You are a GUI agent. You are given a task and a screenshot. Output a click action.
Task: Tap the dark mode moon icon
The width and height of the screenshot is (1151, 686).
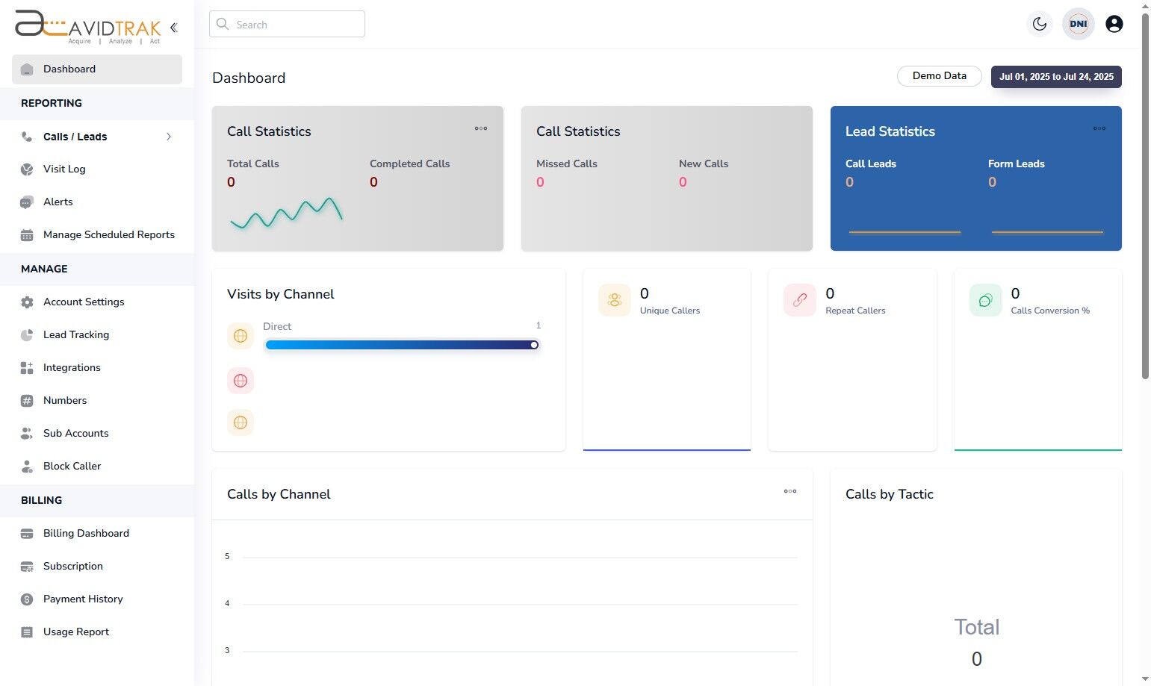click(x=1039, y=24)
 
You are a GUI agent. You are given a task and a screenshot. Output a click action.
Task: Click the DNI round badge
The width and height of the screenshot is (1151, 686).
click(x=1078, y=24)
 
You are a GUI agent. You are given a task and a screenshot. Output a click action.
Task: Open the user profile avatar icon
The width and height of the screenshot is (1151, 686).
click(x=1114, y=24)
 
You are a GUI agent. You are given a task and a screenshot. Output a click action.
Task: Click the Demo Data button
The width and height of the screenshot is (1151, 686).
click(x=939, y=76)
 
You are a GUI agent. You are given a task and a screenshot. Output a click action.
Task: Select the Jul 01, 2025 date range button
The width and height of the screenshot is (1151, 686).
click(x=1055, y=77)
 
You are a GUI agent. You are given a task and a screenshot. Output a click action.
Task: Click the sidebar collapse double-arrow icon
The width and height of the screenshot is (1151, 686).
click(x=173, y=28)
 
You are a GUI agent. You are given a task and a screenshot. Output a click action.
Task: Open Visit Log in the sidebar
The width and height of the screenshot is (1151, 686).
click(x=64, y=169)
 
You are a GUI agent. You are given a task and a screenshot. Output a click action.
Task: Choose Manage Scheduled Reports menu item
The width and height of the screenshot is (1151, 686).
click(x=108, y=234)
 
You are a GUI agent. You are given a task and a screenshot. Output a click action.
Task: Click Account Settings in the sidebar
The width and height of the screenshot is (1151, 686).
click(x=84, y=302)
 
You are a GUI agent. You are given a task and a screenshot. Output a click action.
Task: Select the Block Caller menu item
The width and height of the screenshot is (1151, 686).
click(x=72, y=466)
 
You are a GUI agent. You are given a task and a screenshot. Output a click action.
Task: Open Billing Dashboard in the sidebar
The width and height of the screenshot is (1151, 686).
click(x=86, y=533)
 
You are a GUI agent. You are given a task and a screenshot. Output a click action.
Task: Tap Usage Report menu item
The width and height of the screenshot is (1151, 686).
click(x=76, y=632)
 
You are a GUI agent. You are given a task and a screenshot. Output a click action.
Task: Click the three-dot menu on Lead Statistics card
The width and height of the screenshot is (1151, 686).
click(x=1099, y=128)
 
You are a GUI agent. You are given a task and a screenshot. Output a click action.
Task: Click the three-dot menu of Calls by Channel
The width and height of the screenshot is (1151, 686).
click(x=789, y=491)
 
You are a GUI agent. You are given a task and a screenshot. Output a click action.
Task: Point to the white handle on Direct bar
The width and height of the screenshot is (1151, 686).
click(x=534, y=345)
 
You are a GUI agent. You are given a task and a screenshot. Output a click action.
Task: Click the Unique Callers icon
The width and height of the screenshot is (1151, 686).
click(x=614, y=300)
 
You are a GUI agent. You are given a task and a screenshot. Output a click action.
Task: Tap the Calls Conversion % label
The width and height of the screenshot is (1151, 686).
click(x=1049, y=311)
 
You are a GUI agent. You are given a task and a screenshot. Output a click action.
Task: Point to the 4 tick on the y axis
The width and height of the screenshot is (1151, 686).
click(x=227, y=603)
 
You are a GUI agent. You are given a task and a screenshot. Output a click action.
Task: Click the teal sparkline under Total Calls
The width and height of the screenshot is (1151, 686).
click(x=286, y=213)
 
